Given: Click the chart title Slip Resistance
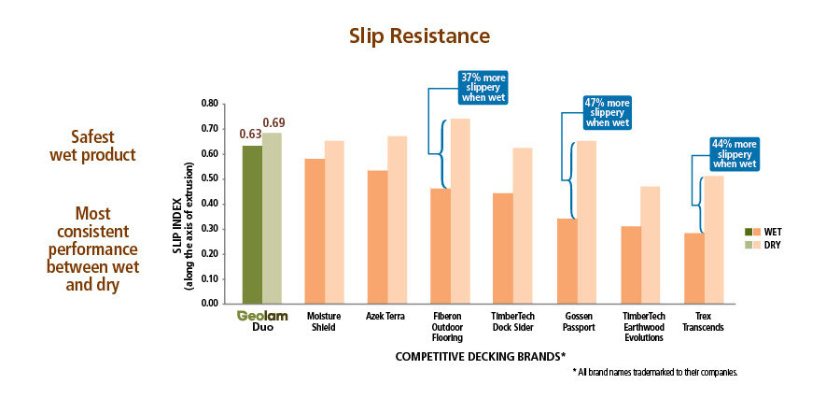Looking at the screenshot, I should click(419, 36).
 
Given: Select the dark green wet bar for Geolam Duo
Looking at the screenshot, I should click(251, 224).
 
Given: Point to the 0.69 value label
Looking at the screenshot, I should click(273, 123).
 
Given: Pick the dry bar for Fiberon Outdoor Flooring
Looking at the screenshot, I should click(461, 211).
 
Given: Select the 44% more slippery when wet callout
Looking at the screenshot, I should click(733, 153).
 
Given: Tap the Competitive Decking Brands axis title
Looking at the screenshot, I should click(481, 357).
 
